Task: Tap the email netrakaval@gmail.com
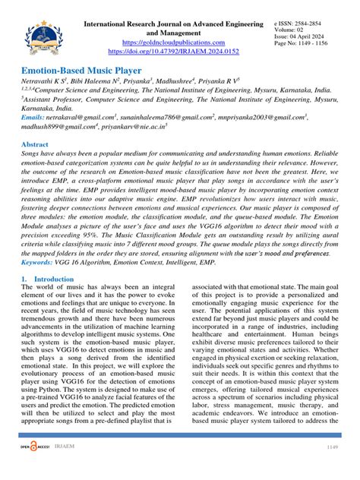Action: click(77, 118)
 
